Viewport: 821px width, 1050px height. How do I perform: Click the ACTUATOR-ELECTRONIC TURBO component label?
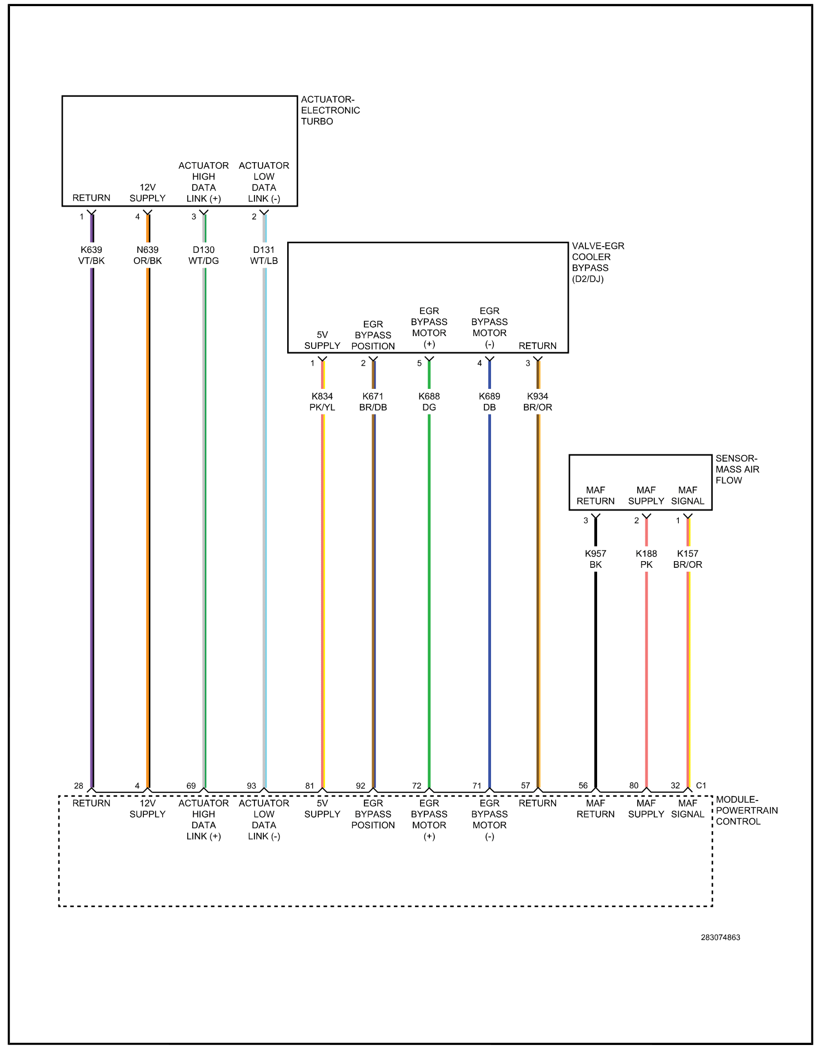coord(330,110)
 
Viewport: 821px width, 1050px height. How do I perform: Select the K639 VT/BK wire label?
coord(91,255)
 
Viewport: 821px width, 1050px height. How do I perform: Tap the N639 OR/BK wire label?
coord(147,255)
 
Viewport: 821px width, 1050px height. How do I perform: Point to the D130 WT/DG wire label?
coord(203,255)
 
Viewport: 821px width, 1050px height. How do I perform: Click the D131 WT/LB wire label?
coord(264,255)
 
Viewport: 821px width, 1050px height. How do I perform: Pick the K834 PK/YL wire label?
coord(322,402)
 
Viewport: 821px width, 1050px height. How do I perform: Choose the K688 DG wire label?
coord(429,402)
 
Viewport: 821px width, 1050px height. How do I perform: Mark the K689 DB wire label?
coord(489,402)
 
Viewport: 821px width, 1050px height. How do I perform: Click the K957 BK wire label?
coord(595,559)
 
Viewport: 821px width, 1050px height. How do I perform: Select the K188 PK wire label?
coord(646,559)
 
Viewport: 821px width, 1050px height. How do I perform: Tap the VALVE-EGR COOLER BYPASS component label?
coord(598,262)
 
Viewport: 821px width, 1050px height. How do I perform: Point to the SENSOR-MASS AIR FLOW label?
coord(737,469)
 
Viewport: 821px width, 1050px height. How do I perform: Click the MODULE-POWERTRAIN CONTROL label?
coord(747,810)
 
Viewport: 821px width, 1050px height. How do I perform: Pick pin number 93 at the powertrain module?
coord(252,786)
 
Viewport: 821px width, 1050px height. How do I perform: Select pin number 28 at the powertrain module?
coord(79,786)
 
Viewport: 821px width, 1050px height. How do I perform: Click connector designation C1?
coord(701,785)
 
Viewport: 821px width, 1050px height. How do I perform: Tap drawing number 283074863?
coord(720,937)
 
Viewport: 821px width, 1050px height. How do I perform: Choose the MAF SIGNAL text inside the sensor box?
coord(688,496)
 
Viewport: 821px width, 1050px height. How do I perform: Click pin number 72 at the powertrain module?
coord(417,786)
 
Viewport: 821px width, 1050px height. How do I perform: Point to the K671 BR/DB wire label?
coord(373,402)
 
